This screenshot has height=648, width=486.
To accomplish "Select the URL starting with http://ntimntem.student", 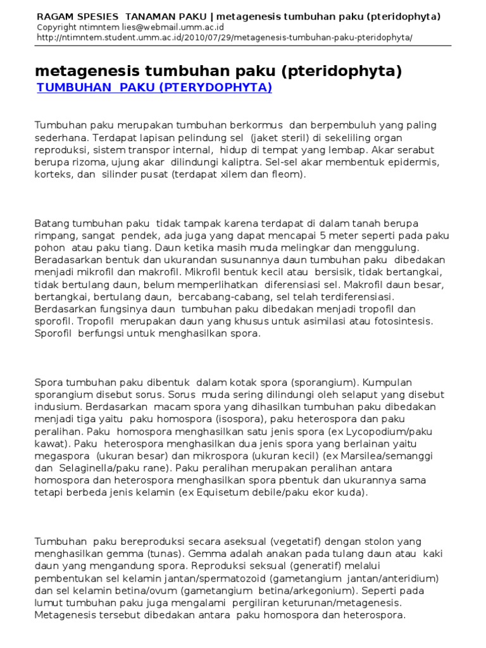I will pos(225,37).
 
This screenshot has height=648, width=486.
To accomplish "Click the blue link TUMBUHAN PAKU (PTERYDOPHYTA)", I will pos(154,87).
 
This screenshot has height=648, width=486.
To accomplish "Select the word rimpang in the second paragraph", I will pos(54,235).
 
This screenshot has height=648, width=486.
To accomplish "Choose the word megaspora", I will pos(59,456).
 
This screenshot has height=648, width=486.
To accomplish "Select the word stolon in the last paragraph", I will pos(385,542).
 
